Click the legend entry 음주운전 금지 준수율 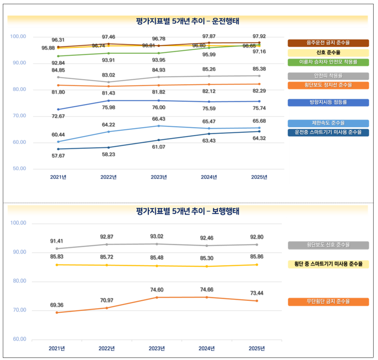coord(328,43)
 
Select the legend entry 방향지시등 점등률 coord(328,102)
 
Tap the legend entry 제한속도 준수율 coord(328,123)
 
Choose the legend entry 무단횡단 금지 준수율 coord(328,301)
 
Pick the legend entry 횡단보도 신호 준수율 coord(328,245)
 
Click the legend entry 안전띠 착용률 coord(328,76)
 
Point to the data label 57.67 coord(58,156)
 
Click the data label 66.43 coord(158,119)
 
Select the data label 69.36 coord(57,305)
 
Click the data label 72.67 coord(58,116)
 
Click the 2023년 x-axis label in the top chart coord(158,177)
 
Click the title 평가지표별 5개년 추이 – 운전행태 coord(188,20)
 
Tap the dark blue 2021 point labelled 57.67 coord(58,149)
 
